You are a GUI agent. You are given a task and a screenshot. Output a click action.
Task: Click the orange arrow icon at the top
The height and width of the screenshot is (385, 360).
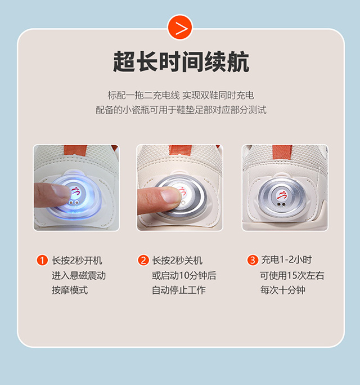tap(180, 28)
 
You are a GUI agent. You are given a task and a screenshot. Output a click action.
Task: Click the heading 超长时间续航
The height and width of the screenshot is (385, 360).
tap(181, 61)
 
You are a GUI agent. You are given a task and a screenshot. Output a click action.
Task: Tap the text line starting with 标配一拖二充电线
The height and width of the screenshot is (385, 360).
tap(181, 95)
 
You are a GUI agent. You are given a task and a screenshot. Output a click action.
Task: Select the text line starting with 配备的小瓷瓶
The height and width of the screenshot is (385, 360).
tap(181, 110)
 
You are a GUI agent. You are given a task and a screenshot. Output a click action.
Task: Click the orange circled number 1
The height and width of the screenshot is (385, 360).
tap(42, 260)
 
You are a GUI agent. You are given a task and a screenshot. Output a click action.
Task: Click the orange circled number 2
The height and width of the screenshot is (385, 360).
tap(143, 260)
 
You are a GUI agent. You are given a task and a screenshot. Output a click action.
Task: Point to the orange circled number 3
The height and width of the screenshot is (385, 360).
tap(253, 260)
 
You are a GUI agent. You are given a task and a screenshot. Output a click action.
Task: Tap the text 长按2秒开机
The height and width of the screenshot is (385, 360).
tap(77, 260)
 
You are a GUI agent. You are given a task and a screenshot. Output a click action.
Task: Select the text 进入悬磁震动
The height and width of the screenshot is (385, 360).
tap(79, 275)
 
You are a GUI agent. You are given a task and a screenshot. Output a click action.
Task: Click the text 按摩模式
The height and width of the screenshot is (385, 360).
tap(70, 290)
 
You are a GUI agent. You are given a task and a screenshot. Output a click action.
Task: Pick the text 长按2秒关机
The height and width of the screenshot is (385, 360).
tap(177, 260)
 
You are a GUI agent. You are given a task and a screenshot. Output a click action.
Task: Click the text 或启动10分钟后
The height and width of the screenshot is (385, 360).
tap(184, 275)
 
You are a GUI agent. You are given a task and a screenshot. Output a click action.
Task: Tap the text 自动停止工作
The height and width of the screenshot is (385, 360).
tap(179, 290)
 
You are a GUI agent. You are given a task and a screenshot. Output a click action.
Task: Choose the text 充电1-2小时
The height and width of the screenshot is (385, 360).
tap(286, 259)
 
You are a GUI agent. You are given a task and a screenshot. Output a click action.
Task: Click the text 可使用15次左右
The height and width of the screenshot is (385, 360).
tap(292, 275)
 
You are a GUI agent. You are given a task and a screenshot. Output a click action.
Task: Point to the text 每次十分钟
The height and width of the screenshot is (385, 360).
tap(283, 290)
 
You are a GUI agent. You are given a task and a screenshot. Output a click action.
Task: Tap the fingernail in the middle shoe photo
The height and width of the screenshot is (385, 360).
tap(170, 196)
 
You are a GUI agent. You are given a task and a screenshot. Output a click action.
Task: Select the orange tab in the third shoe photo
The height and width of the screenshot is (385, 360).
tap(282, 152)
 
